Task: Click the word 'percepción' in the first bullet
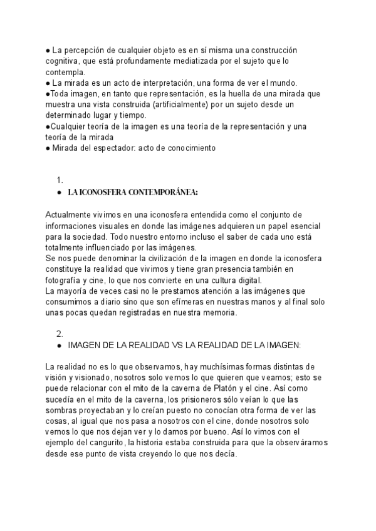[x=81, y=50]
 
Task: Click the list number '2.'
[x=60, y=333]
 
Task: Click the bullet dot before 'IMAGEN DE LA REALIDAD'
[x=58, y=345]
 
